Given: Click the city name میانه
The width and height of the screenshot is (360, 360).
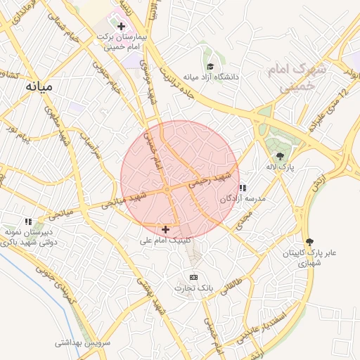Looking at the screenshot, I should [39, 86].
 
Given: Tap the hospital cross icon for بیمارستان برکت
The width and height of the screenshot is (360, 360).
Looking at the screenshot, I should [122, 25].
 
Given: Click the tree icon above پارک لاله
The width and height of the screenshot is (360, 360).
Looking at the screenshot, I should [281, 156].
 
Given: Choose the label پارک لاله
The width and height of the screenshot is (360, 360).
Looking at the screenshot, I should [281, 167].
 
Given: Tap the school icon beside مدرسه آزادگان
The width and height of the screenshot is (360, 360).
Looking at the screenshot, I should [243, 188].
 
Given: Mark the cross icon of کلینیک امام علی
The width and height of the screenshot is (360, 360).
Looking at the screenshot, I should [165, 229].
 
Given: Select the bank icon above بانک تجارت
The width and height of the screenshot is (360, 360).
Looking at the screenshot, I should [194, 278].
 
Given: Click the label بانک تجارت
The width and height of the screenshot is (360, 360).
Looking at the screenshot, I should [193, 288].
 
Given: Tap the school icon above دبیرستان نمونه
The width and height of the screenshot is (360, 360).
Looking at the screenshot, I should [29, 221].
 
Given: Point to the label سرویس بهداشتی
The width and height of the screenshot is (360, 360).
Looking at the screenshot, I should [84, 343].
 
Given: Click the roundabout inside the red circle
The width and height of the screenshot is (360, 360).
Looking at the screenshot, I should [167, 190].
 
